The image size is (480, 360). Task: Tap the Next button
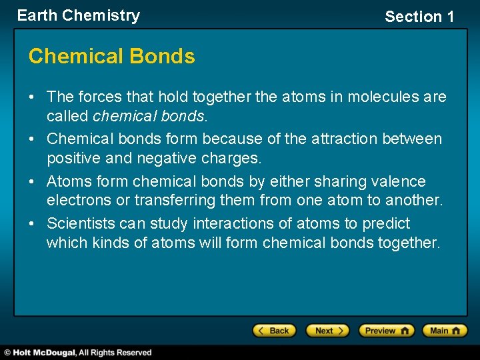coord(327,331)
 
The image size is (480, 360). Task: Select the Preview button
coord(386,331)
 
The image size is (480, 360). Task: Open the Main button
coord(444,331)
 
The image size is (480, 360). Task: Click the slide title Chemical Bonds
coord(111,57)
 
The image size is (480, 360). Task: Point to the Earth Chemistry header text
coord(79,15)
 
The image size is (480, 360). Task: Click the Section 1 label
coord(419,17)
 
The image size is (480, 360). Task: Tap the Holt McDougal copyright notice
coord(78,352)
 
